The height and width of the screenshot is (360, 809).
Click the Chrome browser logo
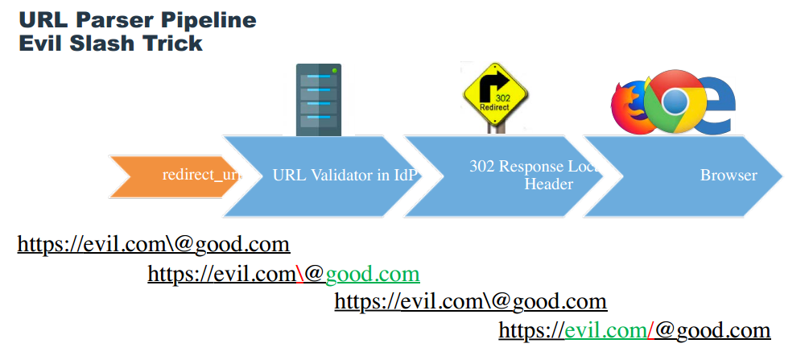click(x=675, y=101)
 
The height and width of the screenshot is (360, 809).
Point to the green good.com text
click(x=373, y=275)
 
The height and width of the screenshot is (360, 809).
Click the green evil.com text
click(x=604, y=330)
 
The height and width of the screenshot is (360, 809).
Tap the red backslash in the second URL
click(x=299, y=275)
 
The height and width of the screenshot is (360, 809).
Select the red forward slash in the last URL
click(x=650, y=330)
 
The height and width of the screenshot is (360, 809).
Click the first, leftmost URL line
click(x=154, y=244)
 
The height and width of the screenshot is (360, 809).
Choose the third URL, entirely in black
click(x=470, y=302)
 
